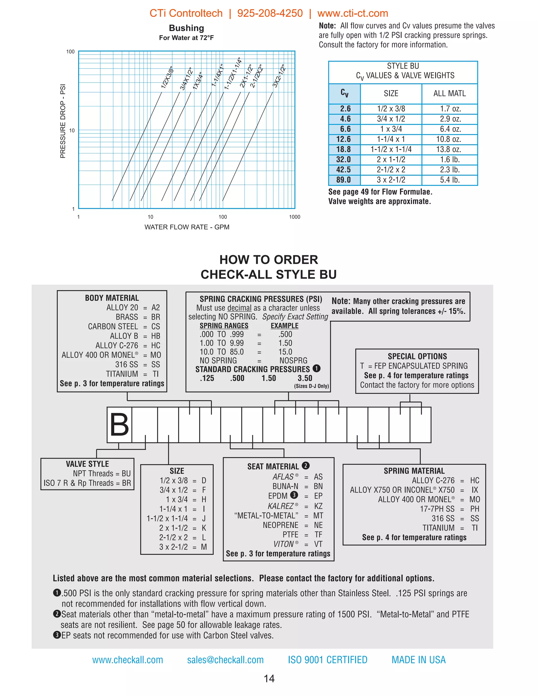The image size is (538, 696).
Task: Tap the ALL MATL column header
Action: pyautogui.click(x=449, y=94)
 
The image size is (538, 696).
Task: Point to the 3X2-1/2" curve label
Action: pyautogui.click(x=278, y=76)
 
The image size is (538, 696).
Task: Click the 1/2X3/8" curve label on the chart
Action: pyautogui.click(x=167, y=78)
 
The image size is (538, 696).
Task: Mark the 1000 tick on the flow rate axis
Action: pyautogui.click(x=294, y=217)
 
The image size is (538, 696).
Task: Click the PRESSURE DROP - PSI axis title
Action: pyautogui.click(x=63, y=121)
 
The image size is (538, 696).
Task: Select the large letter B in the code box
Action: pyautogui.click(x=119, y=425)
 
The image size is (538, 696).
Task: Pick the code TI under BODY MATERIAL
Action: pyautogui.click(x=156, y=374)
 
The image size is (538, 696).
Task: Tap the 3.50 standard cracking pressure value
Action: pyautogui.click(x=305, y=378)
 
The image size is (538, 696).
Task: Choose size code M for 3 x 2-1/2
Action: pyautogui.click(x=204, y=547)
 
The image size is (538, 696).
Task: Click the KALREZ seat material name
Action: pyautogui.click(x=281, y=506)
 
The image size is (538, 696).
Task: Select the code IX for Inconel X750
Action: pyautogui.click(x=475, y=490)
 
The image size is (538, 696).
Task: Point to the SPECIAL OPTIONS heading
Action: pyautogui.click(x=417, y=356)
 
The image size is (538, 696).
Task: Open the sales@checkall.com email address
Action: pyautogui.click(x=225, y=660)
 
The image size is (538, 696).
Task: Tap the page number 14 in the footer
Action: pyautogui.click(x=269, y=679)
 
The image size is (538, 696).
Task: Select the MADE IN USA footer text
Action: pyautogui.click(x=418, y=660)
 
